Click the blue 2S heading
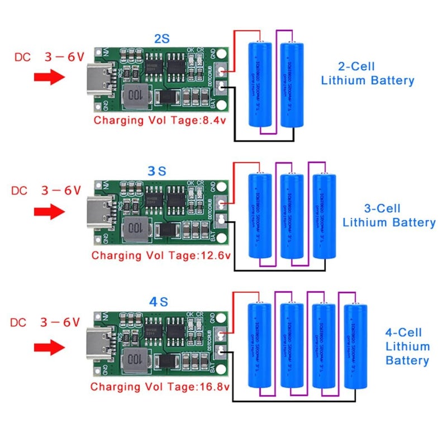pos(161,39)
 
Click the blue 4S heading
pos(158,302)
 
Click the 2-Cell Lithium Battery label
pos(368,73)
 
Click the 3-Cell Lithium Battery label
pos(389,216)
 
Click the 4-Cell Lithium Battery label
pos(407,346)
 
